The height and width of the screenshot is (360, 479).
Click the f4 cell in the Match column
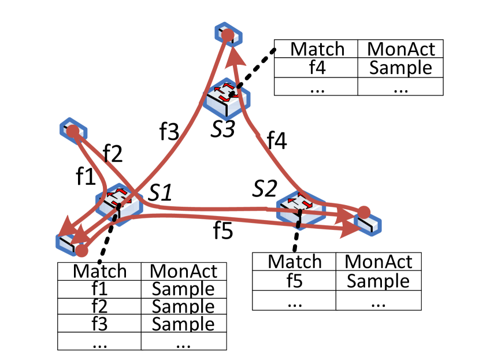point(316,68)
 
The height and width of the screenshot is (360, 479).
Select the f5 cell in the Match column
point(295,281)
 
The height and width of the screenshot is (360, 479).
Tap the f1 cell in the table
point(100,288)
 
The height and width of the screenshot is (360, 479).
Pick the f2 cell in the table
point(100,306)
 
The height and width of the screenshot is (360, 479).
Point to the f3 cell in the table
point(100,324)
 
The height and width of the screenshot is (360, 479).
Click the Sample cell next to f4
point(400,68)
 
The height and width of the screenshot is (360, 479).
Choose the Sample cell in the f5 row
point(378,281)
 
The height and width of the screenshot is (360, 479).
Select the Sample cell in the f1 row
point(183,288)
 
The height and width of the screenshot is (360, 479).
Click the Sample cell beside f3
point(183,324)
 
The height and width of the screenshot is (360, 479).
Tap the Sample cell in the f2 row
point(183,306)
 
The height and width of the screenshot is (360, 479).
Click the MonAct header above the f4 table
point(400,49)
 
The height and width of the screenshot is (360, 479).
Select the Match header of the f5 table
point(295,262)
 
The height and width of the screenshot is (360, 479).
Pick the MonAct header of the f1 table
point(183,271)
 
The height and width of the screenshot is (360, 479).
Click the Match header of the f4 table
point(316,49)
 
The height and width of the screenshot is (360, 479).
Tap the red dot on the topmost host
point(228,35)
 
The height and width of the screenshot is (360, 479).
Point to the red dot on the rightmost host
point(363,211)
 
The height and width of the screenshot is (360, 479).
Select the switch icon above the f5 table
point(300,208)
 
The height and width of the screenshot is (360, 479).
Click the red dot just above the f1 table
point(82,251)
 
